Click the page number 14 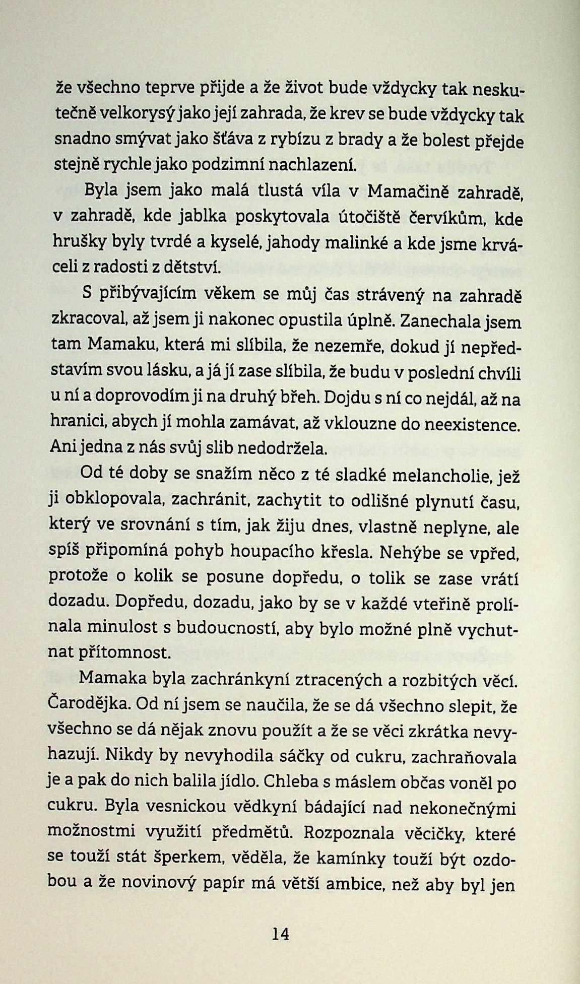point(281,934)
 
